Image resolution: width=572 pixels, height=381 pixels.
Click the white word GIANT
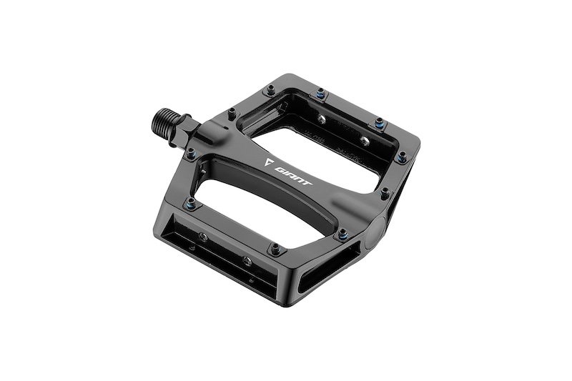click(293, 177)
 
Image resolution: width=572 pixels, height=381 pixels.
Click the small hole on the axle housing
click(226, 128)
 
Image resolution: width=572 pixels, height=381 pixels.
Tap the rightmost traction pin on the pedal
click(402, 157)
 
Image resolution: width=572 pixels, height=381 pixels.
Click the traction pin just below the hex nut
click(191, 153)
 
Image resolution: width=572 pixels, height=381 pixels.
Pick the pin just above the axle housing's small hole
click(232, 113)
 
